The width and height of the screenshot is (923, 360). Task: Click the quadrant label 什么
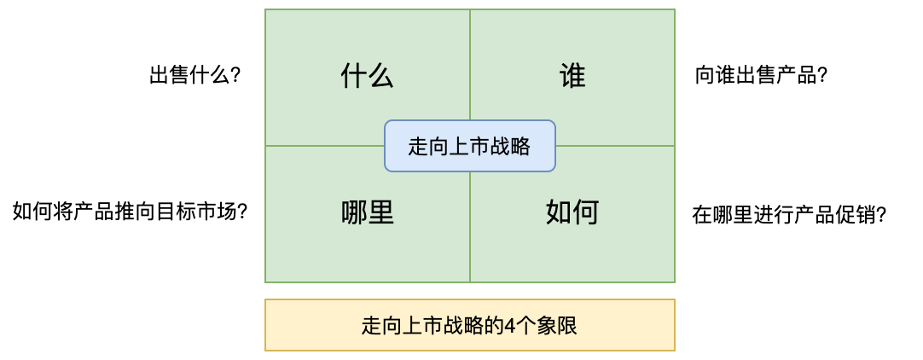367,77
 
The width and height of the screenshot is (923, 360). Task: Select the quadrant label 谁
572,77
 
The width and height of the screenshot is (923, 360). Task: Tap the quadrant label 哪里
367,212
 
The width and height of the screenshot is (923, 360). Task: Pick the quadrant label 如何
572,212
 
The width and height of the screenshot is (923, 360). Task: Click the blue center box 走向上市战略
469,147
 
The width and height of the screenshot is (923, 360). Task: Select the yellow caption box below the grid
469,325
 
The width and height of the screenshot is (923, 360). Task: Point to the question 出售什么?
194,76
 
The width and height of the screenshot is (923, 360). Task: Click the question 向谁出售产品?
762,76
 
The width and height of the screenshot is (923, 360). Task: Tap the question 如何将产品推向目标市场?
130,212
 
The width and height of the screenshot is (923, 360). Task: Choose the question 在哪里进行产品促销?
789,215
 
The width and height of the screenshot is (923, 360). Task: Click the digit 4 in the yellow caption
510,326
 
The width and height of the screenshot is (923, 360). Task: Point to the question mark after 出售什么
235,76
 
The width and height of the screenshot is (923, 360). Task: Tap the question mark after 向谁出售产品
823,76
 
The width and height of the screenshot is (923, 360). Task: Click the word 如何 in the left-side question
31,212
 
